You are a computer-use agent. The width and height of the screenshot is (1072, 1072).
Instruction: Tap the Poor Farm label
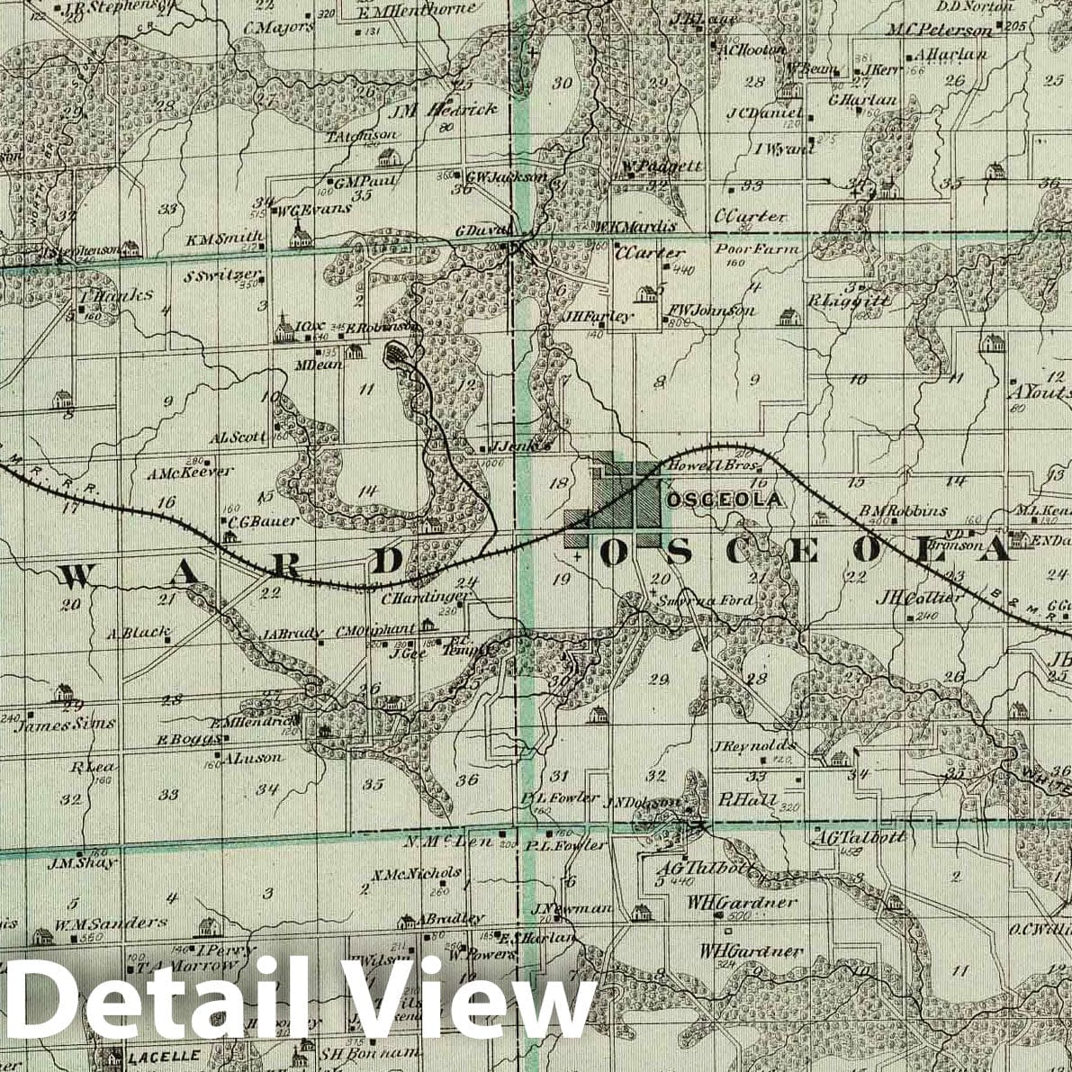pos(744,248)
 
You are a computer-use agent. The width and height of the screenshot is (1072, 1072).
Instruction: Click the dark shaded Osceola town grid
pos(630,500)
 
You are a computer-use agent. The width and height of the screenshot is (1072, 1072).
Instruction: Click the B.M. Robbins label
pos(902,511)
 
